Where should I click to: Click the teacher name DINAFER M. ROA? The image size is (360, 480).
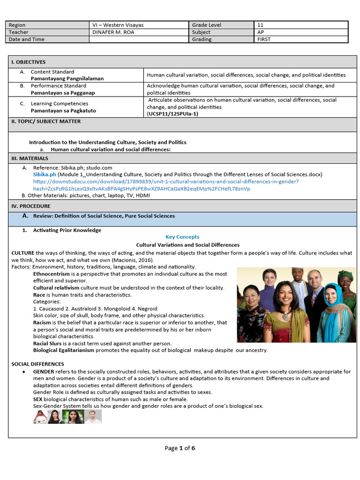(x=112, y=32)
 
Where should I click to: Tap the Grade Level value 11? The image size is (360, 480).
(x=260, y=25)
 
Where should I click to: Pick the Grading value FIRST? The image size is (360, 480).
(x=264, y=39)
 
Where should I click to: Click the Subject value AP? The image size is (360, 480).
(x=260, y=32)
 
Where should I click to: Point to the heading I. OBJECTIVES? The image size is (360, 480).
(x=29, y=62)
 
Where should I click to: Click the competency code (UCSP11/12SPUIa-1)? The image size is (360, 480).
(x=172, y=114)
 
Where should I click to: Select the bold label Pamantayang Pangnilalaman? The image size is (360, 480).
(x=67, y=79)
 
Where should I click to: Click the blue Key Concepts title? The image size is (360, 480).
(x=182, y=237)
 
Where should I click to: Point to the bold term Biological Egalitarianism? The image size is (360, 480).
(x=64, y=350)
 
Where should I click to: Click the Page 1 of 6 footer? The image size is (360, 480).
(x=180, y=448)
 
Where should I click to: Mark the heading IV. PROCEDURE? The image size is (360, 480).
(x=30, y=206)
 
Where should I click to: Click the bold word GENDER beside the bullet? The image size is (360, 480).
(x=44, y=371)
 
